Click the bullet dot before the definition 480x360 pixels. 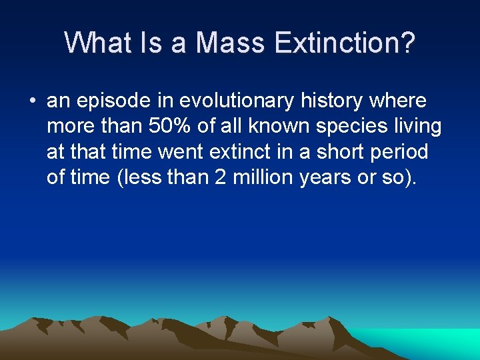[32, 101]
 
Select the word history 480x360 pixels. [333, 101]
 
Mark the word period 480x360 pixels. [402, 151]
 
